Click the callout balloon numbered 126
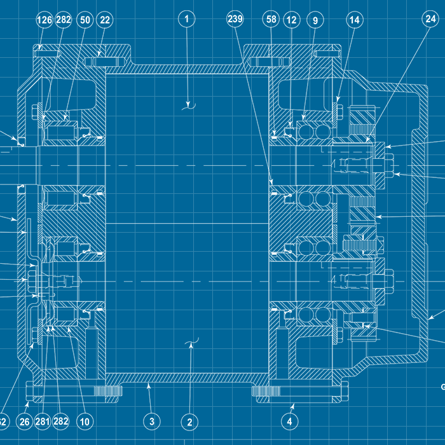44,20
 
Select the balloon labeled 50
85,20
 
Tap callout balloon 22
105,20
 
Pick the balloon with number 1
187,19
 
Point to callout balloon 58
271,20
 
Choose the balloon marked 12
292,20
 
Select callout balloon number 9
314,20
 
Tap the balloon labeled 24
430,19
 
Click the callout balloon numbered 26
24,421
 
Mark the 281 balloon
43,421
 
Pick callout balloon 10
85,421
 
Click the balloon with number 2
189,421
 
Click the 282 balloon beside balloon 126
64,20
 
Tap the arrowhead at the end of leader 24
367,140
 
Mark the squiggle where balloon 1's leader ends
188,106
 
